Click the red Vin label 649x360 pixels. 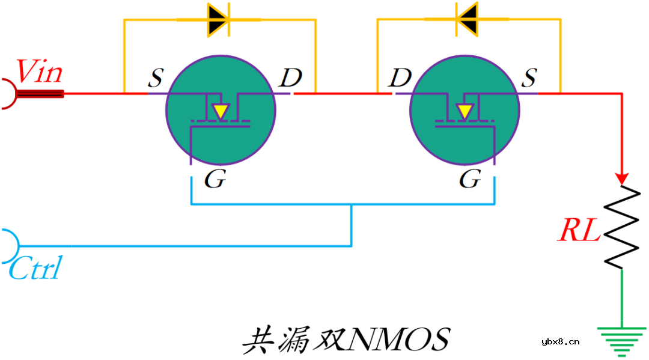click(x=38, y=72)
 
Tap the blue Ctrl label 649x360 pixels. click(x=35, y=269)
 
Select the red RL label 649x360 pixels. click(x=579, y=231)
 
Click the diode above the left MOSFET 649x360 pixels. click(x=218, y=20)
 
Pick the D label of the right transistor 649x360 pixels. click(x=399, y=78)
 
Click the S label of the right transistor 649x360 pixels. click(x=528, y=78)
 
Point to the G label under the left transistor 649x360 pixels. click(x=215, y=179)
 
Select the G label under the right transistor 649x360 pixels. click(x=470, y=179)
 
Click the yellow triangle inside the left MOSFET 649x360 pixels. click(x=221, y=111)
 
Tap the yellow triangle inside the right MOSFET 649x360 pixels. click(x=464, y=111)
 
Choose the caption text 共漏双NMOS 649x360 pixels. click(x=346, y=340)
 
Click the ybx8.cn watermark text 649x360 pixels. click(x=560, y=342)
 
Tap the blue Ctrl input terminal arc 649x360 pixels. click(x=11, y=246)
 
